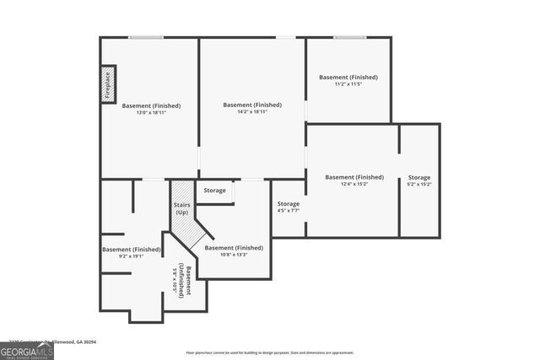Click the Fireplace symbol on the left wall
click(x=108, y=83)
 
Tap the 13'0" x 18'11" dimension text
click(x=151, y=116)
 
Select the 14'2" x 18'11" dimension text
click(x=252, y=114)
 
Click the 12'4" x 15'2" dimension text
click(x=354, y=185)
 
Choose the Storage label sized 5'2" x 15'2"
click(x=419, y=185)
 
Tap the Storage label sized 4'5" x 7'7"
click(x=289, y=212)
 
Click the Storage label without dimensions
click(x=215, y=191)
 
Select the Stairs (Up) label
click(x=181, y=208)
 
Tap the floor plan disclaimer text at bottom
click(x=269, y=352)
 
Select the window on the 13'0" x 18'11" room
click(x=146, y=37)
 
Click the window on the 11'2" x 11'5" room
click(x=348, y=37)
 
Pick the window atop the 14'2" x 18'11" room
click(x=286, y=37)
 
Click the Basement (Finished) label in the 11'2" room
click(x=348, y=78)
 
